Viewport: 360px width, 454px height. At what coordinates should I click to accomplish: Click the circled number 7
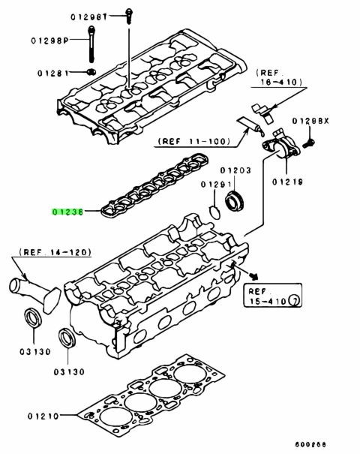coord(294,302)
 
